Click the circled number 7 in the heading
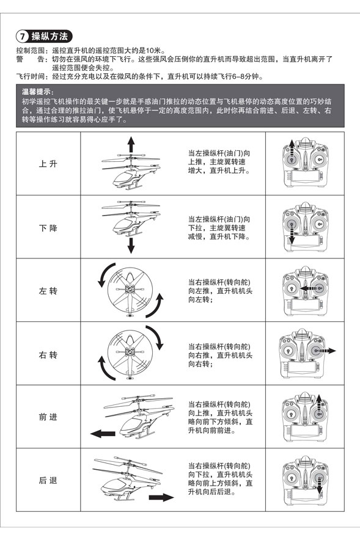(23, 36)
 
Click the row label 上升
(48, 164)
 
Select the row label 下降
(48, 228)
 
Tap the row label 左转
(48, 291)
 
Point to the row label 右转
(48, 355)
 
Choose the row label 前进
(48, 417)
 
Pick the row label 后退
(48, 480)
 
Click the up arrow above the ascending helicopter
(131, 144)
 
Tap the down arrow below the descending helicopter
(131, 245)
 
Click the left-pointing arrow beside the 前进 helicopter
(103, 434)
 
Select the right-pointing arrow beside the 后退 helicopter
(161, 497)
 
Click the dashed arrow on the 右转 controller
(326, 351)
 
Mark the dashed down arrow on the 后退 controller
(319, 486)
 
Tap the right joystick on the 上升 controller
(319, 159)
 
